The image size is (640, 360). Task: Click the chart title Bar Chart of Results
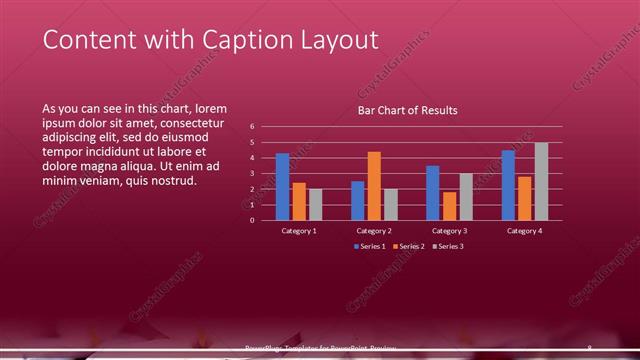408,110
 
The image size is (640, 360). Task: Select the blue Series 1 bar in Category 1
283,187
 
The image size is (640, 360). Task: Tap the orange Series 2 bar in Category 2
374,186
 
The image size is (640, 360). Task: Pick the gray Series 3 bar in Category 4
541,181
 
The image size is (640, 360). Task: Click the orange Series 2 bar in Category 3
449,206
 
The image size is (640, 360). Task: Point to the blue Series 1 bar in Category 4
508,185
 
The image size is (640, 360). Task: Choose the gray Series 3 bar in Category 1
316,204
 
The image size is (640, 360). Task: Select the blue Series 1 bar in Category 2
358,200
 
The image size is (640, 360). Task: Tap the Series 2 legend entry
408,246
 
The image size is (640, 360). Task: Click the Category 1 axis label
299,231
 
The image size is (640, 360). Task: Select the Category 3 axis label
449,231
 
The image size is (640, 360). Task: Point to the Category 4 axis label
524,231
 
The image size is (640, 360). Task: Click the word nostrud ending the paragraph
171,181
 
